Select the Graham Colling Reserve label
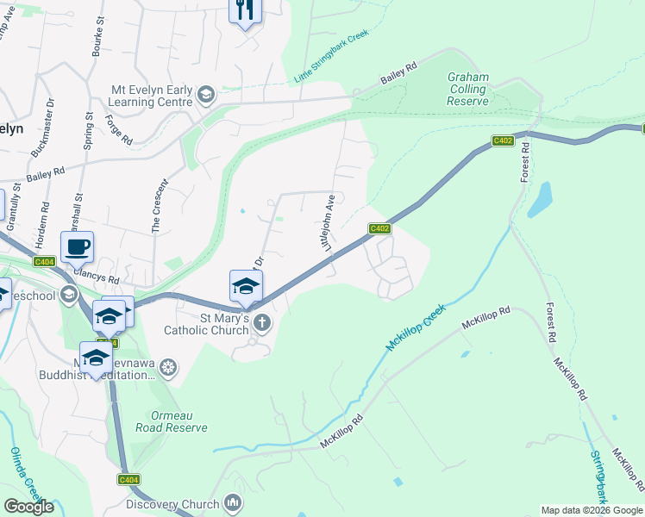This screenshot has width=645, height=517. coord(468,89)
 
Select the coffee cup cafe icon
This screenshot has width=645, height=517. coord(77,247)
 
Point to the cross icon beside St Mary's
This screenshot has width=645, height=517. coord(262,324)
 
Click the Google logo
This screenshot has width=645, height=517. coord(29,506)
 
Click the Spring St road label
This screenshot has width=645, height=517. coord(87,131)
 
